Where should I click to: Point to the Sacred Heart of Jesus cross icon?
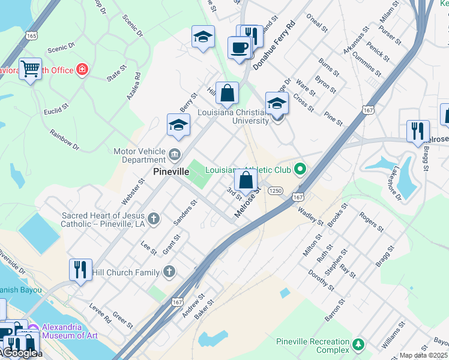click(154, 218)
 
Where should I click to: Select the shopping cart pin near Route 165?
click(29, 69)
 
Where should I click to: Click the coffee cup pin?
click(239, 47)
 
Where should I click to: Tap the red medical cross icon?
click(82, 70)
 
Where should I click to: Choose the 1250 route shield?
click(276, 190)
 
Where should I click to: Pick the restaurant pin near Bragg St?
click(417, 131)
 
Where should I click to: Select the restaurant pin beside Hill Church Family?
click(80, 269)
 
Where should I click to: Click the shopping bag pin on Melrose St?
click(246, 179)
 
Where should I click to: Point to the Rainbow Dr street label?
click(64, 139)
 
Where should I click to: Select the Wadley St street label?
click(310, 216)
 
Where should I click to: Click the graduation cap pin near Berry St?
click(178, 126)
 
